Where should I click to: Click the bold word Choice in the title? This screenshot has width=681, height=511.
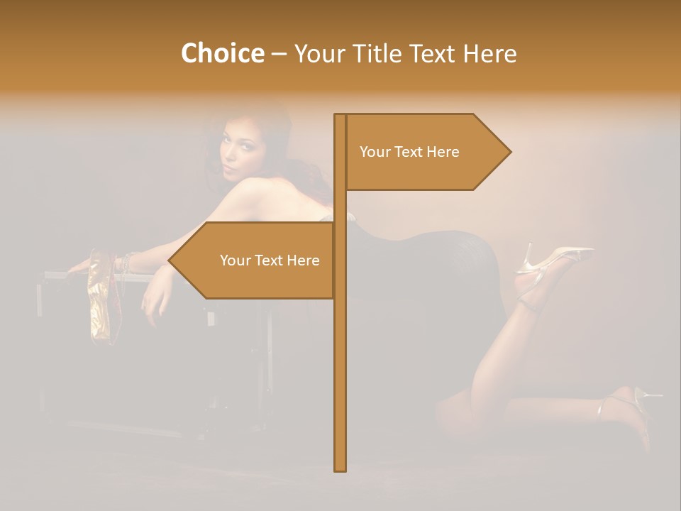(x=222, y=53)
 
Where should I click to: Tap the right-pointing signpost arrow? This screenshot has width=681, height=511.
(x=426, y=152)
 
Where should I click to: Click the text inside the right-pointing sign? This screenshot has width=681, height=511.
(x=409, y=152)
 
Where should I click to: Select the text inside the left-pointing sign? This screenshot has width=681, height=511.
(x=270, y=260)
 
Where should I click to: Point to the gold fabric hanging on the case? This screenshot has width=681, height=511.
(x=101, y=298)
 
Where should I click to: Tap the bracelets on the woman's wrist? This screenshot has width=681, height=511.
(x=126, y=264)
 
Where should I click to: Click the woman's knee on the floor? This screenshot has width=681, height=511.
(x=454, y=412)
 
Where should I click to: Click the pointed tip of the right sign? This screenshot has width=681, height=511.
(x=509, y=152)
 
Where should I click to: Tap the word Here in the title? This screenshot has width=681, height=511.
(x=489, y=53)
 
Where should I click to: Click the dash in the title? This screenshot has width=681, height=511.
(x=279, y=54)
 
